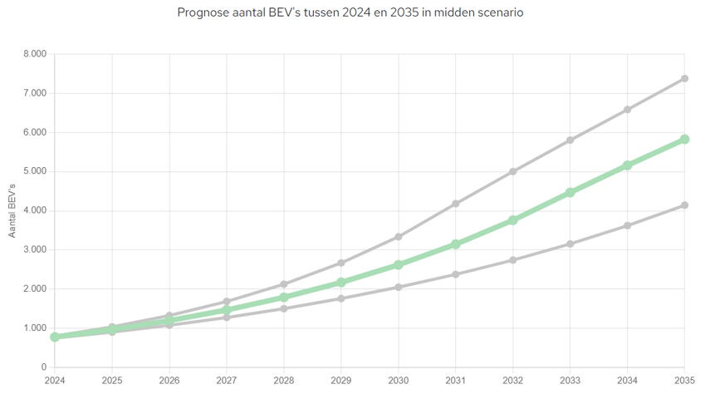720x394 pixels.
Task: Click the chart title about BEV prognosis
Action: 350,13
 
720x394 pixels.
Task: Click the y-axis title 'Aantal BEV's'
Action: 12,210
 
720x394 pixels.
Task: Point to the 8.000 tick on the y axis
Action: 37,54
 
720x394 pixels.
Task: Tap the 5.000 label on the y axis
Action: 37,171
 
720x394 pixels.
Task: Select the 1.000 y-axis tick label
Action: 37,328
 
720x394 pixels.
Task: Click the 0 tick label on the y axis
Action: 44,367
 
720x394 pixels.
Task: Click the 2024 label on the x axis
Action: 55,380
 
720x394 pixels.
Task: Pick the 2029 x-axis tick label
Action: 341,380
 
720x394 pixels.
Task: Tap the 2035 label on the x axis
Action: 684,380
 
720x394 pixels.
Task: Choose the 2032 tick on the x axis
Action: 513,380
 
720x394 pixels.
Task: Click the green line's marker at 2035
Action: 684,139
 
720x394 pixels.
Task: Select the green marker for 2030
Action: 399,264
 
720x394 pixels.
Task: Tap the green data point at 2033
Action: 570,192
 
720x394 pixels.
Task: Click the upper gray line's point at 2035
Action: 684,78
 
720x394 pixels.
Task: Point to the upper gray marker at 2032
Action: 513,171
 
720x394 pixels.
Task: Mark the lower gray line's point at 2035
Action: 684,204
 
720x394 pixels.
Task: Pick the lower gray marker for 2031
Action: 456,274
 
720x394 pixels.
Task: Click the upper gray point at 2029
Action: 341,263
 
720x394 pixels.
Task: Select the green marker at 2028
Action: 284,297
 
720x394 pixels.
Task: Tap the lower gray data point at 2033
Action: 570,244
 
